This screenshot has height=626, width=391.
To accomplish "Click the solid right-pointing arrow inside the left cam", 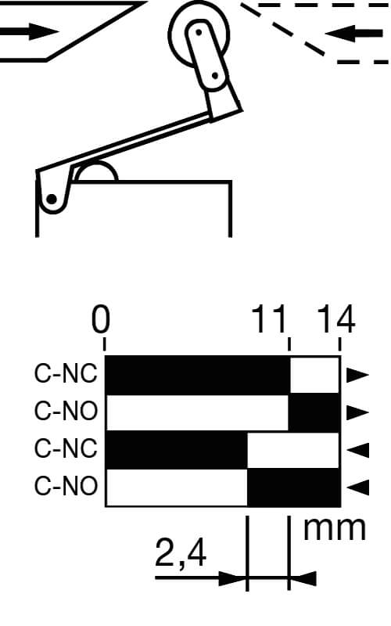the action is [x=29, y=31].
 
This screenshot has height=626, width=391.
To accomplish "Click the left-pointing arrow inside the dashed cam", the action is [x=354, y=33].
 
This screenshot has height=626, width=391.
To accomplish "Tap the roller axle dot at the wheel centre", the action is [x=199, y=32].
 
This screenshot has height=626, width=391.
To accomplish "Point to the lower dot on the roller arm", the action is [x=214, y=75].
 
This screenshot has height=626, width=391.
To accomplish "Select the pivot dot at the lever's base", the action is [x=52, y=199].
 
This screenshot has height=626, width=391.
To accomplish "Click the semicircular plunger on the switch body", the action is [x=96, y=172].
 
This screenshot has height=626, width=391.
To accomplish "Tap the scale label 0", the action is [x=100, y=319].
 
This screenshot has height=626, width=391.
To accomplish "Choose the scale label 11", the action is [x=269, y=319].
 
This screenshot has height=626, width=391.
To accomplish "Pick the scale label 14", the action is [x=336, y=319].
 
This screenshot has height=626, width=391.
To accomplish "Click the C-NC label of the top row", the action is [x=66, y=374].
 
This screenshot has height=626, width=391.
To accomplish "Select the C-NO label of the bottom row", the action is [x=66, y=486].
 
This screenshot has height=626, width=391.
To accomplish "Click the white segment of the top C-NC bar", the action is [x=314, y=376].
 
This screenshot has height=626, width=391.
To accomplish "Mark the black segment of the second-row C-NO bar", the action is [x=314, y=412].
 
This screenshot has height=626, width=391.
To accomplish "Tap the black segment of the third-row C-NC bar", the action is [x=177, y=450].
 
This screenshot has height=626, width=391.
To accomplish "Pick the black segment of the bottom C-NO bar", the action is [x=294, y=487].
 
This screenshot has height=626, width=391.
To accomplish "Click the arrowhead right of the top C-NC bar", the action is [x=357, y=375].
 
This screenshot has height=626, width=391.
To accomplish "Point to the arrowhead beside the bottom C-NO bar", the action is [x=357, y=487].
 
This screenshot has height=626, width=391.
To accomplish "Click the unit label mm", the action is [x=335, y=529].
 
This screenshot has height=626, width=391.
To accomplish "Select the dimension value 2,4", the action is [x=181, y=553].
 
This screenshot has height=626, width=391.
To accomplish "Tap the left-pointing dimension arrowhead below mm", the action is [x=303, y=578].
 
